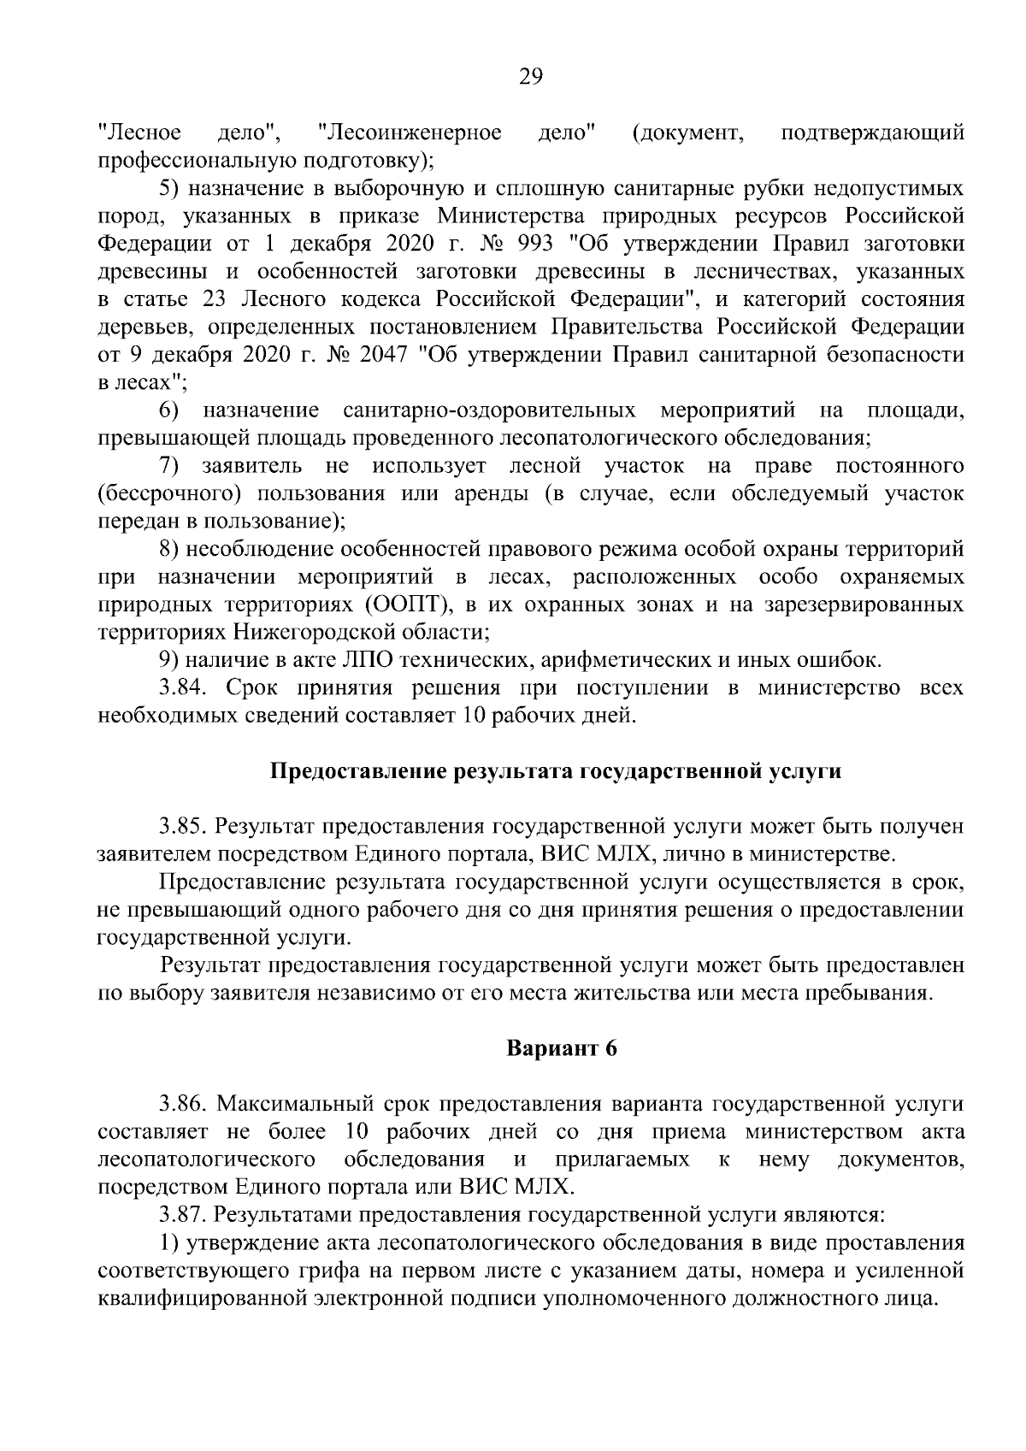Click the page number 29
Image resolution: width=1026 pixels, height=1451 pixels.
(530, 78)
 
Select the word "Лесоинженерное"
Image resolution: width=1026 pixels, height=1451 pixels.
(409, 133)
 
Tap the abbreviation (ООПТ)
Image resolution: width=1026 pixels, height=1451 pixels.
(409, 605)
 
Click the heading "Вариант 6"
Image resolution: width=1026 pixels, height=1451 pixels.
(562, 1049)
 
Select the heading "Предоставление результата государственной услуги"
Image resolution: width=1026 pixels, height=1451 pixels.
(556, 771)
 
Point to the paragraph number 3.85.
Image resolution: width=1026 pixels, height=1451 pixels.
(183, 827)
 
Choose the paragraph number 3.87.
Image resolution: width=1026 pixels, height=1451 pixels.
(183, 1215)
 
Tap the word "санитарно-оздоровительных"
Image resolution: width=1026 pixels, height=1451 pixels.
(488, 410)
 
